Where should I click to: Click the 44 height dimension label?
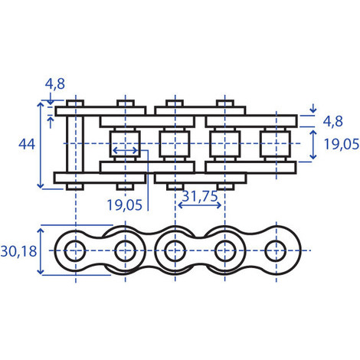point(27,144)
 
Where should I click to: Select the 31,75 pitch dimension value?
point(200,196)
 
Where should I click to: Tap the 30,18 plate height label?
point(18,251)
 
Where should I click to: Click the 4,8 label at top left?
point(55,83)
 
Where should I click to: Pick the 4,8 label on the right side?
point(332,121)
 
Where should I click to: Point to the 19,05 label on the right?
point(342,144)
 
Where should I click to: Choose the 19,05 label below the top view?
point(124,205)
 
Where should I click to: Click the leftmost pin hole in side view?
point(75,251)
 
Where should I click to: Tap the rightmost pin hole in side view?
point(276,251)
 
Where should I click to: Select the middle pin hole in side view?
point(175,251)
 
